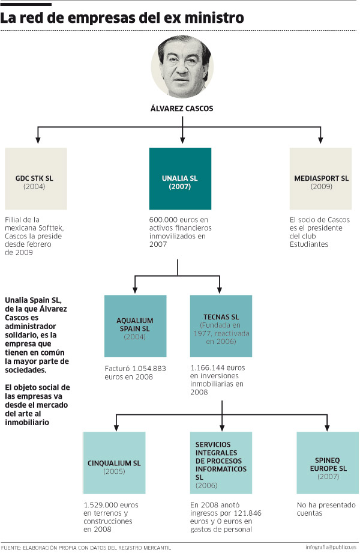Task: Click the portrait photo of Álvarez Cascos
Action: (182, 67)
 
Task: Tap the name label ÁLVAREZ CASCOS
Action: (182, 109)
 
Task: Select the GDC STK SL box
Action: (36, 179)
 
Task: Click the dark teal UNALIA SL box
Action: (180, 179)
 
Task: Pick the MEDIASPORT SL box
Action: (320, 179)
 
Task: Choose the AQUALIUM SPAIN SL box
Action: (136, 326)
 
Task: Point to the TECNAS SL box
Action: (221, 326)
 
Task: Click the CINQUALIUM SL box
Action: (115, 463)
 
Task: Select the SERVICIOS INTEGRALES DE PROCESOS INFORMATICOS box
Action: (221, 463)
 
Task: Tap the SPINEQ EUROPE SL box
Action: (328, 463)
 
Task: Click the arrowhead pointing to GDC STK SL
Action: (38, 140)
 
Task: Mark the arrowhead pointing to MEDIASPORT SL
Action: (320, 140)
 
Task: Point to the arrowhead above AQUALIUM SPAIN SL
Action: (134, 289)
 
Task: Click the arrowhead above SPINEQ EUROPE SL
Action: (327, 428)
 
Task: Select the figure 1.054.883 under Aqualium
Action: (149, 369)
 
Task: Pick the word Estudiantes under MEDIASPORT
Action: (309, 244)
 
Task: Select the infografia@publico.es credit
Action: (331, 547)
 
